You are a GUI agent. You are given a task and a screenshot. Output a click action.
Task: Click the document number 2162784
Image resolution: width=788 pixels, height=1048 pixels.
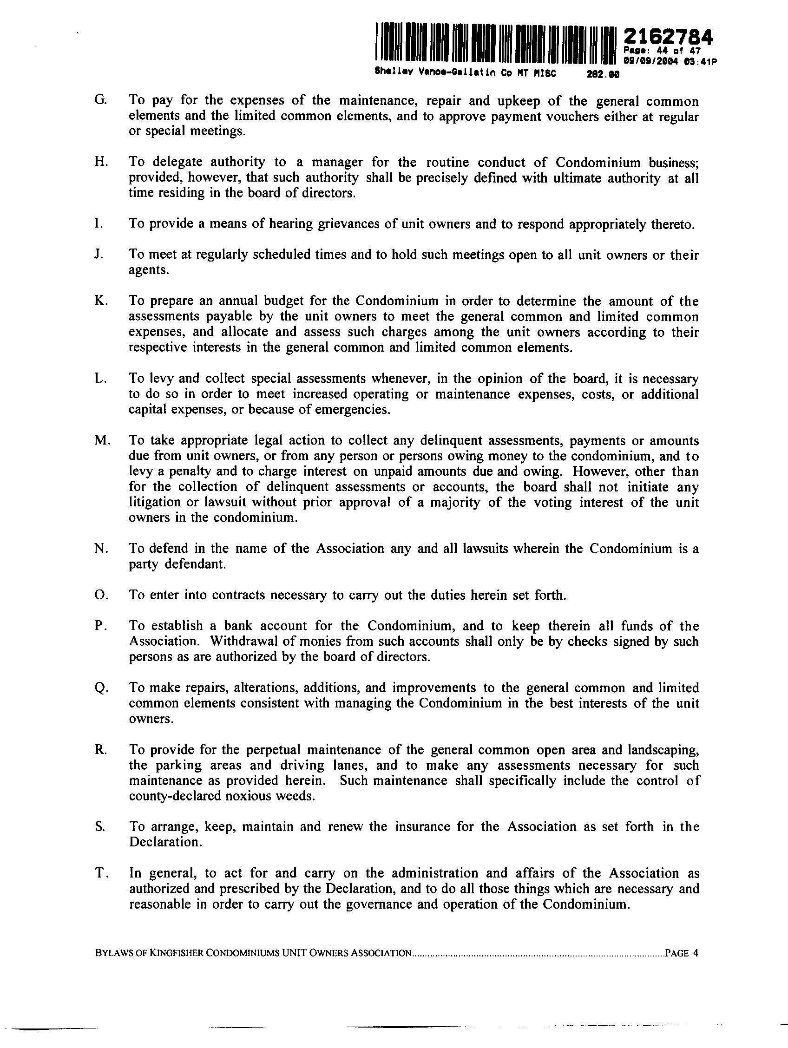(x=668, y=37)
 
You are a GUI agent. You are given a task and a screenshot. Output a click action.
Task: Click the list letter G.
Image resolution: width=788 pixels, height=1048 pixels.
(x=99, y=101)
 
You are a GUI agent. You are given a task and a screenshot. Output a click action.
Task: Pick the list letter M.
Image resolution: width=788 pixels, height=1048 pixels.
(x=102, y=440)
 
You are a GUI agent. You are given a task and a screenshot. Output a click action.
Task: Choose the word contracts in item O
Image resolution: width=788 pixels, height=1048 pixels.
(x=238, y=595)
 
